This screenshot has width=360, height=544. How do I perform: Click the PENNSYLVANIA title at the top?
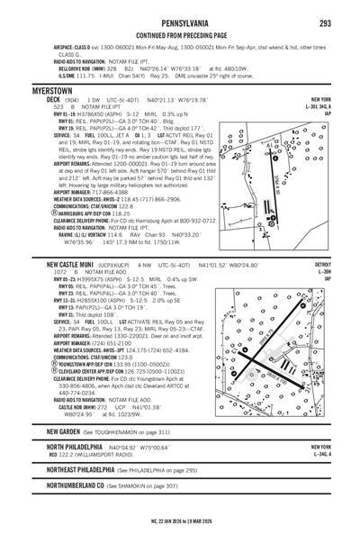[180, 9]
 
